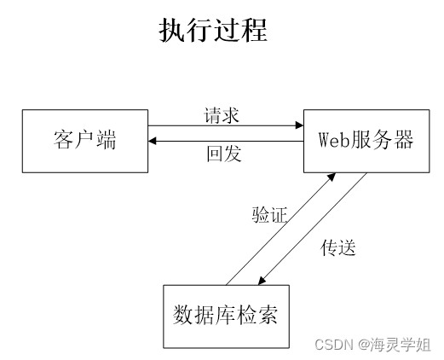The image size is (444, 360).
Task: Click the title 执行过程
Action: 213,31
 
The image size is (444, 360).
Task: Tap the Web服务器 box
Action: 366,140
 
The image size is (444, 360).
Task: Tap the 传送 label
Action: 337,248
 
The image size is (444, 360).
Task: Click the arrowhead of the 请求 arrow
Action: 300,126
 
